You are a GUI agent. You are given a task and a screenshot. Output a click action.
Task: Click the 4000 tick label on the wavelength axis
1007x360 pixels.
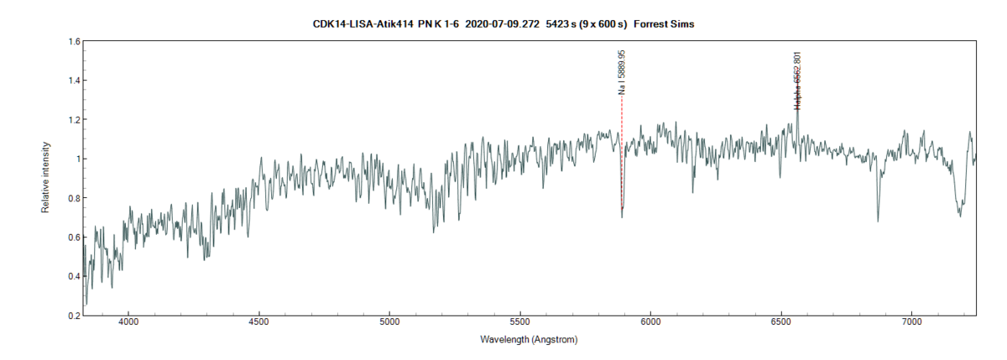coord(128,321)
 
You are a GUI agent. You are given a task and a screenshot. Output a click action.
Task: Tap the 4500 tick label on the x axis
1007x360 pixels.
coord(259,321)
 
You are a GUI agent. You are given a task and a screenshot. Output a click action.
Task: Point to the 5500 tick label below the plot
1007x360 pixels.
coord(520,321)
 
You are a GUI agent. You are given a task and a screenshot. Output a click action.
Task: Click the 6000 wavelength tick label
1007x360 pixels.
coord(650,321)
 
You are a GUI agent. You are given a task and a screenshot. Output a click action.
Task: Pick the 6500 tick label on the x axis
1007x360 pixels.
coord(781,321)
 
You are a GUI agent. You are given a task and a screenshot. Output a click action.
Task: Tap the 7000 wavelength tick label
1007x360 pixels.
coord(911,321)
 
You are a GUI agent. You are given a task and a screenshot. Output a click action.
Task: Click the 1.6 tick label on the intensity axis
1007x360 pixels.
coord(74,41)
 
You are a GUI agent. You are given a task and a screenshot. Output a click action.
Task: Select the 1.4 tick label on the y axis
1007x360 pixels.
coord(74,81)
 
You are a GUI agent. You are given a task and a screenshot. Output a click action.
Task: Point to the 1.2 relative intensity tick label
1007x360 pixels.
coord(74,120)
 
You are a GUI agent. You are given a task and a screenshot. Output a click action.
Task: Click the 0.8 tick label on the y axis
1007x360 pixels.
coord(74,198)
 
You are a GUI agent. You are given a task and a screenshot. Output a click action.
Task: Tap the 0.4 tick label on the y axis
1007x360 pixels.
coord(74,277)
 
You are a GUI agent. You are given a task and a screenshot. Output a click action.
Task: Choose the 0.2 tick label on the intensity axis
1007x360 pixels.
coord(74,316)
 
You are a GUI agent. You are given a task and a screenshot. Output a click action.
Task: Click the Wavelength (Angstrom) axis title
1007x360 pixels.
coord(529,341)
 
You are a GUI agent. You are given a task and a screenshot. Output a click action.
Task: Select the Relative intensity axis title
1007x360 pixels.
coord(46,178)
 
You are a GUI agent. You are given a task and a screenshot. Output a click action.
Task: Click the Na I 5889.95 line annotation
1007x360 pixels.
coord(622,71)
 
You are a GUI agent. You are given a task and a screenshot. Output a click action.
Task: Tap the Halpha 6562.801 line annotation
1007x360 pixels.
coord(796,80)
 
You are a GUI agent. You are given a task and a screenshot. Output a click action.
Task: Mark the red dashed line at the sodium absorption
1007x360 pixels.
coord(622,151)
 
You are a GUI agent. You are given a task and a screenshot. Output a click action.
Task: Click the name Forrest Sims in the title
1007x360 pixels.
coord(664,24)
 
